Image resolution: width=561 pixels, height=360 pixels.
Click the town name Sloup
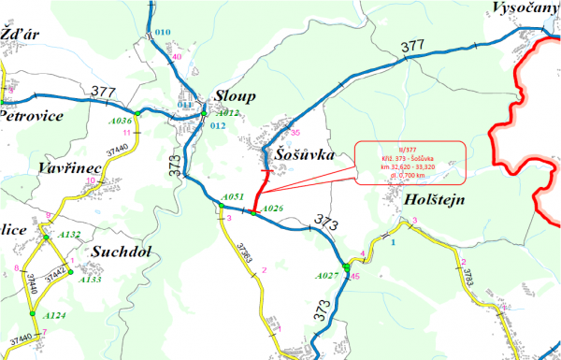pos(235,96)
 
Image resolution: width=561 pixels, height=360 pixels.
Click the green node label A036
pos(121,122)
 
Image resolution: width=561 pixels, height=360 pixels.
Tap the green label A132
pos(70,234)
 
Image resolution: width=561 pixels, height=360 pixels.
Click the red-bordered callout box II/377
pos(410,160)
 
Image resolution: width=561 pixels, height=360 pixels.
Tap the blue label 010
pos(163,33)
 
